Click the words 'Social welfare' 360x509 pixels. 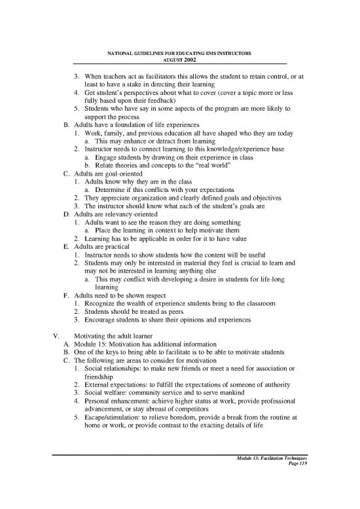pos(108,388)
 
